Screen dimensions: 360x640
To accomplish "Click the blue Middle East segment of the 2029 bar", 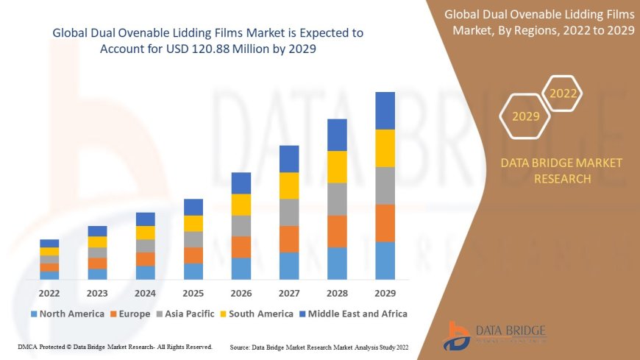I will pyautogui.click(x=385, y=110).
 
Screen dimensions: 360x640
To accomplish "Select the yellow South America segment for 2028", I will pyautogui.click(x=337, y=166).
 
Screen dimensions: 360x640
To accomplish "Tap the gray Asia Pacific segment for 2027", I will pyautogui.click(x=289, y=212).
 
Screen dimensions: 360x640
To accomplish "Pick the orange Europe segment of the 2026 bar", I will pyautogui.click(x=241, y=247).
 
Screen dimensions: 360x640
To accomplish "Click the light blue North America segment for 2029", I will pyautogui.click(x=385, y=261).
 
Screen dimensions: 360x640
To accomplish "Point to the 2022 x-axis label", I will pyautogui.click(x=49, y=292).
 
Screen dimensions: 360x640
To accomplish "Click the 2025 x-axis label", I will pyautogui.click(x=193, y=292).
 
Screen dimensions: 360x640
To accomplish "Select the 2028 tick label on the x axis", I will pyautogui.click(x=337, y=292).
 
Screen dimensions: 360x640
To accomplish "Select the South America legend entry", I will pyautogui.click(x=256, y=314).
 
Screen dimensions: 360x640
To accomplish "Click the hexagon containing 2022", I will pyautogui.click(x=563, y=93).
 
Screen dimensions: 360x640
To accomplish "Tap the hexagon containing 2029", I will pyautogui.click(x=525, y=116).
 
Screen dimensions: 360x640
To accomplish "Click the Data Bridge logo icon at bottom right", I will pyautogui.click(x=458, y=335).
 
